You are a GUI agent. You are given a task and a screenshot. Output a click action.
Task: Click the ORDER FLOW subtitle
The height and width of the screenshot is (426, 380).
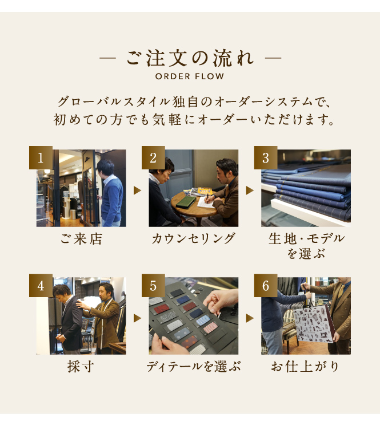[x=190, y=76]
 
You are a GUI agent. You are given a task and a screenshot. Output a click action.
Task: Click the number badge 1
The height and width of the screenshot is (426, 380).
[x=41, y=158]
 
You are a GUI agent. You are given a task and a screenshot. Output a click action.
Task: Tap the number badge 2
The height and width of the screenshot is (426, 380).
[x=153, y=158]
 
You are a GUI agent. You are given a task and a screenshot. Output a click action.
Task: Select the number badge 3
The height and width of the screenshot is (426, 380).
[x=266, y=158]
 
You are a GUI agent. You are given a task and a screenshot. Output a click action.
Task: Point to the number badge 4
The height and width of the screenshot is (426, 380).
[x=41, y=286]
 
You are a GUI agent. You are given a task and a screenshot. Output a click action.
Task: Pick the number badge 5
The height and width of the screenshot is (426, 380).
[x=153, y=286]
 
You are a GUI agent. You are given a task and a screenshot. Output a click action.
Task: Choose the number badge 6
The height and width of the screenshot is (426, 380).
[x=266, y=286]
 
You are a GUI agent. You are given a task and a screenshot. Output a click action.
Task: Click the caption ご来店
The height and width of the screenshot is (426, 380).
[x=81, y=239]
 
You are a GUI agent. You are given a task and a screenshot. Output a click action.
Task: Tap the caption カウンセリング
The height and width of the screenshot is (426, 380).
[x=193, y=239]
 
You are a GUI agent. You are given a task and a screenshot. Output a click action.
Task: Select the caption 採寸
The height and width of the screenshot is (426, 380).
[x=81, y=367]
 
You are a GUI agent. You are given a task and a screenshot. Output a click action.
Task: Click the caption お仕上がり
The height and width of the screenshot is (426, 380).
[x=305, y=367]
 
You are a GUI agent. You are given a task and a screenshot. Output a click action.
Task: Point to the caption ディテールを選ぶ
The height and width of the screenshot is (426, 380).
[x=194, y=367]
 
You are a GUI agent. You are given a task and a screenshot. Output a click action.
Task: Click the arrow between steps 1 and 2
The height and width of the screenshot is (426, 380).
[x=137, y=190]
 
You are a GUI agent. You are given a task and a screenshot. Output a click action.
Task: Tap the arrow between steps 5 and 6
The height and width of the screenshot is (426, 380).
[x=250, y=318]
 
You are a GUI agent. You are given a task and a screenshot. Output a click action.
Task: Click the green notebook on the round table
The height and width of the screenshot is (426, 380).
[x=186, y=202]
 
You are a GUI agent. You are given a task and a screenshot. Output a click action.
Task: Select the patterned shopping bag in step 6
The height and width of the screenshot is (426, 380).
[x=313, y=323]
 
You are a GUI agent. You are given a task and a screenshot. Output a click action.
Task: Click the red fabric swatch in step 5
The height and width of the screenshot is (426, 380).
[x=162, y=309]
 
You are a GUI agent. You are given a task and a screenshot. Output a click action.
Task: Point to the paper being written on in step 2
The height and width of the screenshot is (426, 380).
[x=206, y=202]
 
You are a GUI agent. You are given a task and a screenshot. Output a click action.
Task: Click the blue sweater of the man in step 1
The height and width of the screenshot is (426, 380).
[x=112, y=200]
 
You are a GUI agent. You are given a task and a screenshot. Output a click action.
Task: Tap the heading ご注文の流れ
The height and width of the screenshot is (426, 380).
[x=190, y=58]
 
